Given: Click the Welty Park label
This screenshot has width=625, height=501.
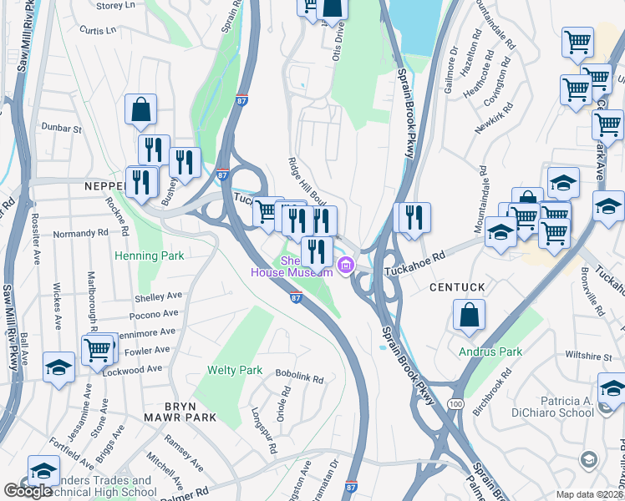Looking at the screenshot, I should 236,370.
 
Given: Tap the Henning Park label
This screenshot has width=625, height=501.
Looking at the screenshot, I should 149,256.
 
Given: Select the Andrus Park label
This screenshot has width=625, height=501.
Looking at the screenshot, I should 490,352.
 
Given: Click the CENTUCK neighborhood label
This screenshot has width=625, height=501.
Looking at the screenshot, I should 457,287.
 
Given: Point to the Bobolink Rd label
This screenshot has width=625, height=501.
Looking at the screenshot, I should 299,378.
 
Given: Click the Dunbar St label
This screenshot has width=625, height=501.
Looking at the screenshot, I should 64,129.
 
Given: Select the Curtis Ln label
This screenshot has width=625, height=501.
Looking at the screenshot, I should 98,30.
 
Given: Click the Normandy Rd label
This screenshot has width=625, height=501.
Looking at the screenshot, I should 81,234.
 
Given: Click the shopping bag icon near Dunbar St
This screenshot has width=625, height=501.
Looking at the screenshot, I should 140,109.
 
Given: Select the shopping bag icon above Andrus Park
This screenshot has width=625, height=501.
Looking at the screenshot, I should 469,316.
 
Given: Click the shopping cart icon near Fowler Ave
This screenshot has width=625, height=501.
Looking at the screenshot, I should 98,350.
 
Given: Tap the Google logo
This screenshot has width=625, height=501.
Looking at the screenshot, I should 28,490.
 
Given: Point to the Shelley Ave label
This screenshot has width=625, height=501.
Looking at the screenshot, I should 158,297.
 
